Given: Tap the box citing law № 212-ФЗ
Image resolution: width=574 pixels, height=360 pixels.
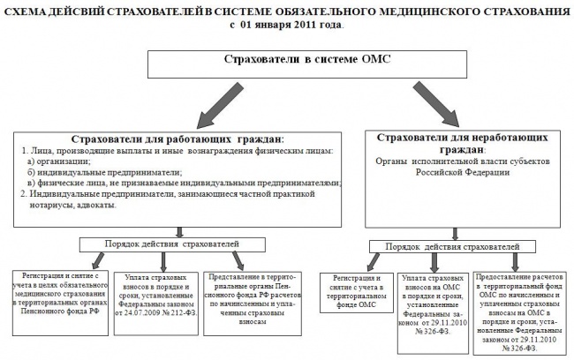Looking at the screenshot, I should point(154,297).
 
